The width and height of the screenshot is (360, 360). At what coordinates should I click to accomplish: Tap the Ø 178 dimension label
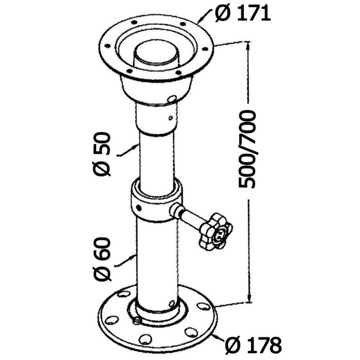[x=253, y=345]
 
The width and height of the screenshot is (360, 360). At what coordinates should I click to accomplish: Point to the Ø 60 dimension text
[x=103, y=259]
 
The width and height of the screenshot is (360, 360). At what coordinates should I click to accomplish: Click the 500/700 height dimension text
[x=247, y=149]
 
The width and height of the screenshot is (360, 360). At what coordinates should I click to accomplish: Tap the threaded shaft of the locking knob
[x=189, y=217]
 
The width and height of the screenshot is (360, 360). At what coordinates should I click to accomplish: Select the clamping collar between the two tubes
[x=157, y=200]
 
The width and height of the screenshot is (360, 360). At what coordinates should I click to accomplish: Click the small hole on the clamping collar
[x=139, y=207]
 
